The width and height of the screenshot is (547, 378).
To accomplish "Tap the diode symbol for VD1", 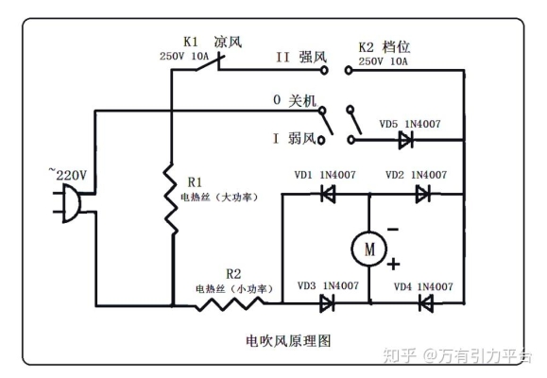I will point(328,194).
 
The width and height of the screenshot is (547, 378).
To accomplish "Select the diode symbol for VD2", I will point(422,194).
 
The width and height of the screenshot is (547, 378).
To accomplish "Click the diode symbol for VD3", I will point(328,303).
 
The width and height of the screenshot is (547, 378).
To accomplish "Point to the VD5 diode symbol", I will point(405,141).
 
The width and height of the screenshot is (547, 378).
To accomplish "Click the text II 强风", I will point(301,57).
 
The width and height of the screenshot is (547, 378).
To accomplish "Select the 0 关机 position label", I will point(294,98).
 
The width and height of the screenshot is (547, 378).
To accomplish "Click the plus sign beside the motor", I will point(391,265).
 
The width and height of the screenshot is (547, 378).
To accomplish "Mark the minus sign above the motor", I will point(391,229).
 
